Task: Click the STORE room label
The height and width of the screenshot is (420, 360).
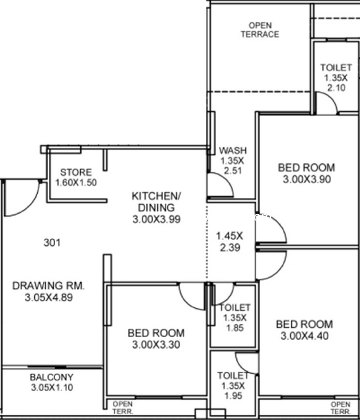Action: (x=76, y=172)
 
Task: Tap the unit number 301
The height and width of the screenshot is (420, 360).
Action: (x=52, y=243)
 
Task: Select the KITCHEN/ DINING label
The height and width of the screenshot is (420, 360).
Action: (x=156, y=202)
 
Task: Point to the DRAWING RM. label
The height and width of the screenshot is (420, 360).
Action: (x=48, y=286)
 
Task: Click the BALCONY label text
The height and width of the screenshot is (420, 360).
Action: (x=51, y=377)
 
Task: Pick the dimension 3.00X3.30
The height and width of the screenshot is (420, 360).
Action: (x=156, y=344)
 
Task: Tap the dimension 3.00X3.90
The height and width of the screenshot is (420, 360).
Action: (x=307, y=179)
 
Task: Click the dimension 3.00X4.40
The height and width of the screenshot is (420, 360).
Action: (x=304, y=335)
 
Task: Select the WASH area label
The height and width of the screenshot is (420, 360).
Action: (x=233, y=151)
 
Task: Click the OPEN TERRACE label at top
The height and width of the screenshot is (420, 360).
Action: (x=260, y=30)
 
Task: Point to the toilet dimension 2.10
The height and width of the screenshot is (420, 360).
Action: (x=336, y=88)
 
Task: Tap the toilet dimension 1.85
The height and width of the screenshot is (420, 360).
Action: (x=235, y=328)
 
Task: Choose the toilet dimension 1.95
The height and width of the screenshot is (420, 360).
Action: (x=234, y=396)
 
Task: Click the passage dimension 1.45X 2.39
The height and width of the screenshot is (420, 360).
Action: (x=230, y=242)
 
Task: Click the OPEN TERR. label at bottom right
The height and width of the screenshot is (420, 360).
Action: (x=340, y=408)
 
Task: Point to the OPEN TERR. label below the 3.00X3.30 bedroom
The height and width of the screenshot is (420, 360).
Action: (x=123, y=407)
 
